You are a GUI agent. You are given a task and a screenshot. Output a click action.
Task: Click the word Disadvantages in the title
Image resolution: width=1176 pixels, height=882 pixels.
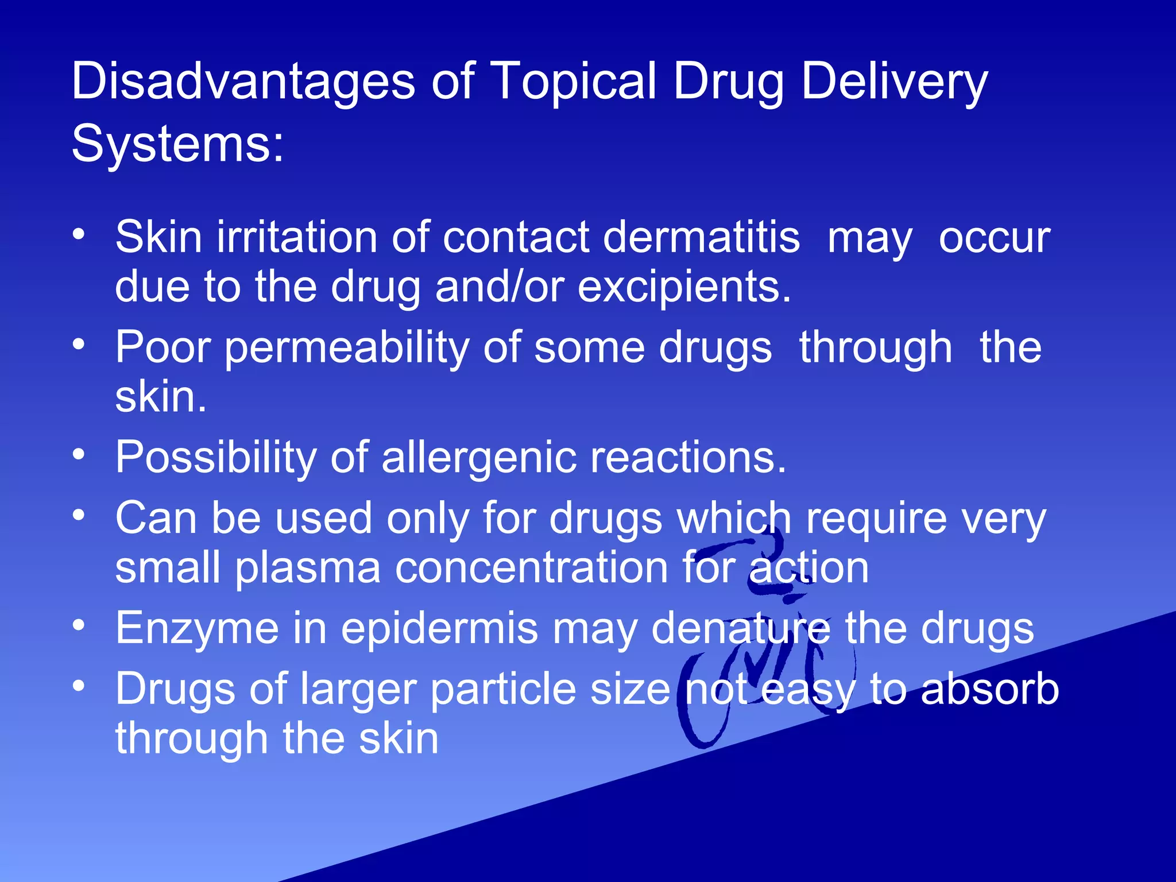[243, 82]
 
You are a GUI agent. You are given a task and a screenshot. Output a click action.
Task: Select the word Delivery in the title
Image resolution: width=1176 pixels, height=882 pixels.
[894, 82]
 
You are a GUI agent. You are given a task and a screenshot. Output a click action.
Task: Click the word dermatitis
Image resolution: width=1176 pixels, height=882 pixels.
[701, 237]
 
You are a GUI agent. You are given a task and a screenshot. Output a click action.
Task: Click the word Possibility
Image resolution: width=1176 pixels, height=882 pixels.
[216, 457]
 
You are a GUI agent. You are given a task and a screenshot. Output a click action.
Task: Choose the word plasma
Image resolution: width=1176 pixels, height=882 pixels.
[308, 567]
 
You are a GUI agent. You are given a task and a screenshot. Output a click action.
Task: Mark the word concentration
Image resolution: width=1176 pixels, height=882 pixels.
[532, 567]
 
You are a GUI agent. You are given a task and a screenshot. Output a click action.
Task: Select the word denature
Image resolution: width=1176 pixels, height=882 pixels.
[741, 628]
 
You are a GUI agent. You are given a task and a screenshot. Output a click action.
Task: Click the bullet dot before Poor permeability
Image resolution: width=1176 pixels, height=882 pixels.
[79, 345]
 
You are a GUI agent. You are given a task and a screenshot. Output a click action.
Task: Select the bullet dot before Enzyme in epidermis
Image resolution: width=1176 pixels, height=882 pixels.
[79, 625]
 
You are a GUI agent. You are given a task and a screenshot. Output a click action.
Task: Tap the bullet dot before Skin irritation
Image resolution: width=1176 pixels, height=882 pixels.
[79, 234]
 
